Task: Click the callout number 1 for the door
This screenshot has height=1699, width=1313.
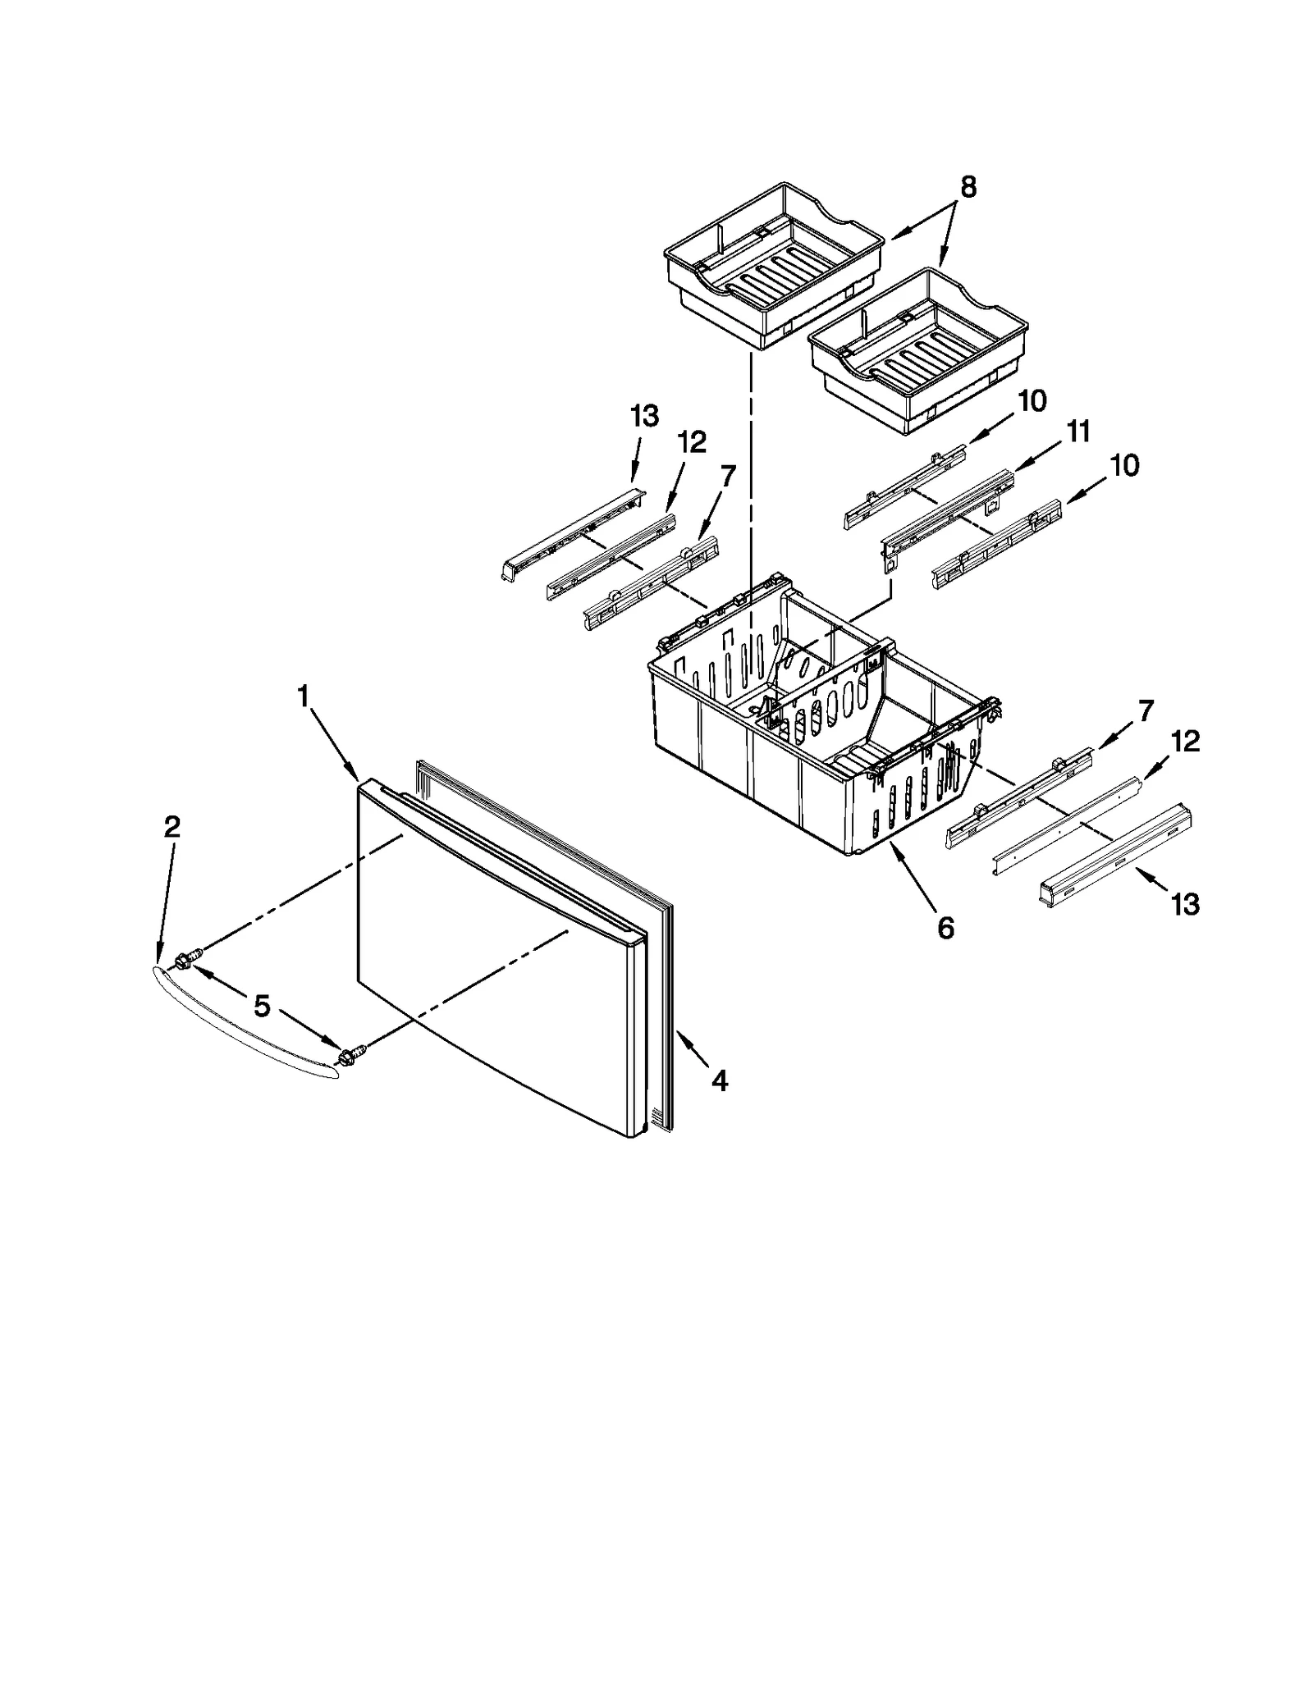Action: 303,697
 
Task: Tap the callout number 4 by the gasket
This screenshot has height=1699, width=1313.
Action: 719,1081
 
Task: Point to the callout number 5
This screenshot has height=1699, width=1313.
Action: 262,1006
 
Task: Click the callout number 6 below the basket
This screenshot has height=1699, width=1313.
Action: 945,928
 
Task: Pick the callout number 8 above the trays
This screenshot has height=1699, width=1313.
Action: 968,188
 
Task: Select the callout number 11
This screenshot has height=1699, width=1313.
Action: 1077,431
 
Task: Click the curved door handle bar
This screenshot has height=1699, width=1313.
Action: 246,1025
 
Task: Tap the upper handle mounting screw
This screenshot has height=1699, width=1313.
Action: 190,957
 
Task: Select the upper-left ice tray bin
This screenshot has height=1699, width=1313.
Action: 771,263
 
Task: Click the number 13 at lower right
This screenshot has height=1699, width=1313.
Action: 1186,904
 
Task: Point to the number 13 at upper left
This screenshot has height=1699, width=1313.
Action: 645,416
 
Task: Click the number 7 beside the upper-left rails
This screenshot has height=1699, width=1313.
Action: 727,475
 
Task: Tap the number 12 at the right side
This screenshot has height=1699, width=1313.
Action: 1186,742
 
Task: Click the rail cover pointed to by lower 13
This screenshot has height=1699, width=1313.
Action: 1116,853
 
